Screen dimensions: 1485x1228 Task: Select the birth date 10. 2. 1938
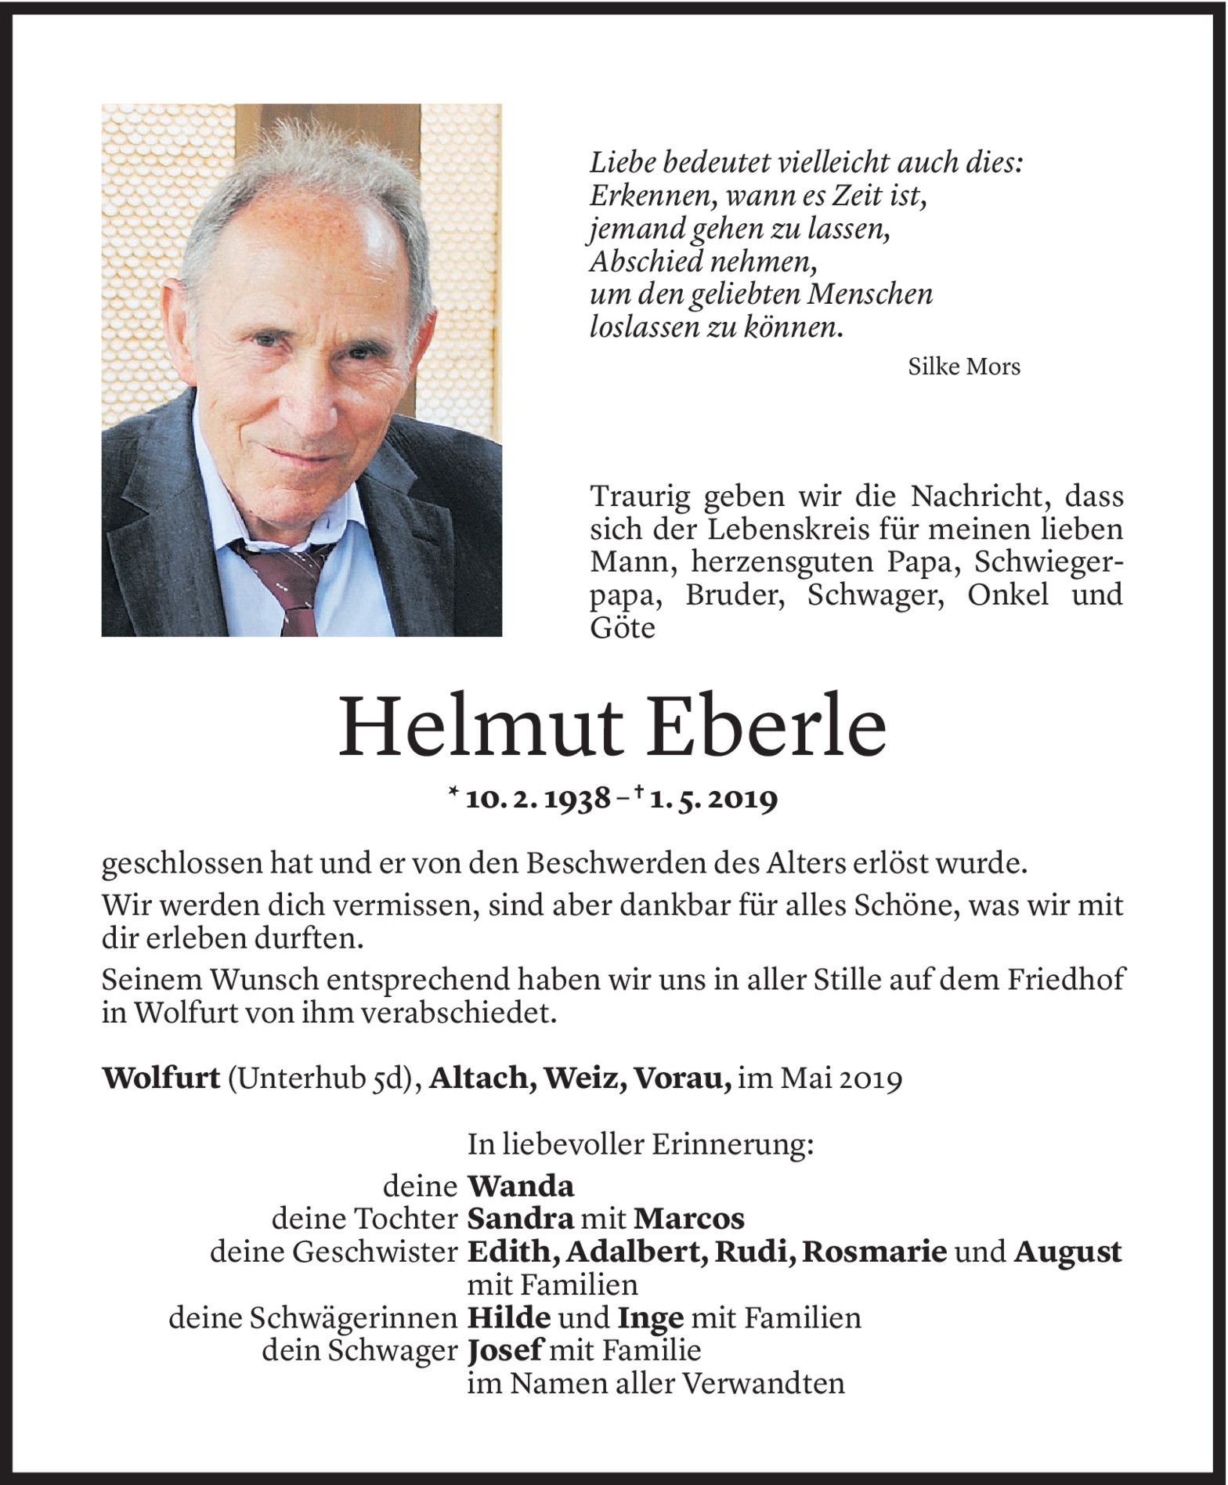click(538, 799)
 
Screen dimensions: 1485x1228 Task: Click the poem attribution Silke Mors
click(963, 367)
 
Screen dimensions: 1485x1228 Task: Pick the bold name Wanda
click(521, 1187)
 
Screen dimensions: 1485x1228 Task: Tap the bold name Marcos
click(689, 1219)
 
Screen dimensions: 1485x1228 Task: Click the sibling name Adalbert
click(638, 1252)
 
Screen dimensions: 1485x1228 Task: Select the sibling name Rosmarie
click(875, 1252)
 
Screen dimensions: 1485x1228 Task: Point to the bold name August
click(1067, 1252)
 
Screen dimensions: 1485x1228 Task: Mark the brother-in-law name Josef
click(506, 1351)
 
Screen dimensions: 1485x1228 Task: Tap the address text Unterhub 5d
click(320, 1079)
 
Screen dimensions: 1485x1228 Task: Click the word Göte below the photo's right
click(622, 628)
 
